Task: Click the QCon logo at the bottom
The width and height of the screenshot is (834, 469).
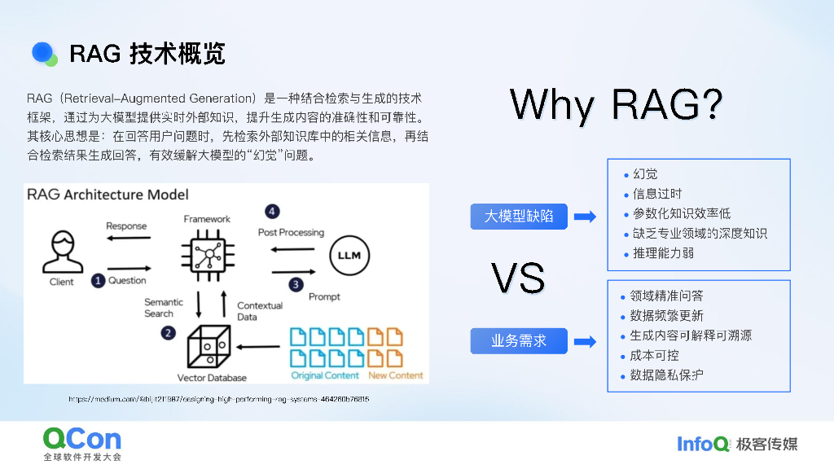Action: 82,440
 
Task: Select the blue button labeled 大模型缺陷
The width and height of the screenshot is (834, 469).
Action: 519,216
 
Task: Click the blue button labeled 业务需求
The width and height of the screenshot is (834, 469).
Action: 519,341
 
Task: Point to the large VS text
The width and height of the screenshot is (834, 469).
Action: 518,278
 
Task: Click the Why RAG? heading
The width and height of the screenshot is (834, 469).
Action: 617,105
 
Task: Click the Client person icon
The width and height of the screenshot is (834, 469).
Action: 61,252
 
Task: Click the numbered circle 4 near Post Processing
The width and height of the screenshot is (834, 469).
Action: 272,212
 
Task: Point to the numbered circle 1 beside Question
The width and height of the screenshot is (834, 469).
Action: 98,281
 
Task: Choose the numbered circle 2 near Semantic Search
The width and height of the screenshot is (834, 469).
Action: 168,333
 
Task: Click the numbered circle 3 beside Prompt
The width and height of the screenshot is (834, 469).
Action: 296,284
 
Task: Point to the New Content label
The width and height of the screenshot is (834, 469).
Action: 396,375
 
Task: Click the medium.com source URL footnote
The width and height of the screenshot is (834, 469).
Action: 219,399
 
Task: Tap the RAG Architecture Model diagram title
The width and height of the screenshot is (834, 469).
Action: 108,195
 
